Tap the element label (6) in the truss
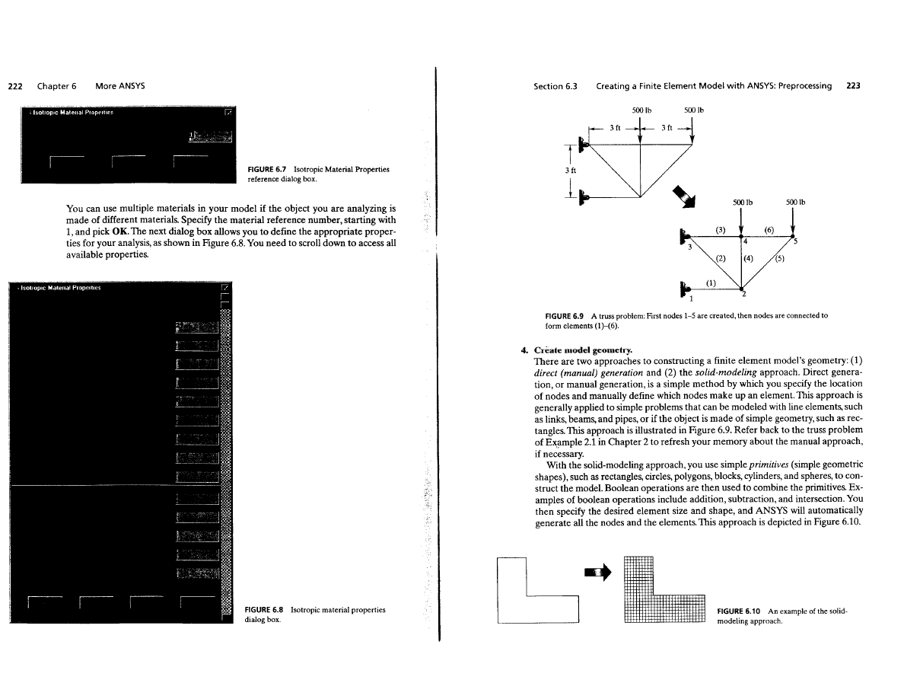point(769,228)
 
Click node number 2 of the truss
point(743,295)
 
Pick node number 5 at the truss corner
point(795,242)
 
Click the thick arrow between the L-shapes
point(602,570)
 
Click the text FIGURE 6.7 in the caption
point(265,169)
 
